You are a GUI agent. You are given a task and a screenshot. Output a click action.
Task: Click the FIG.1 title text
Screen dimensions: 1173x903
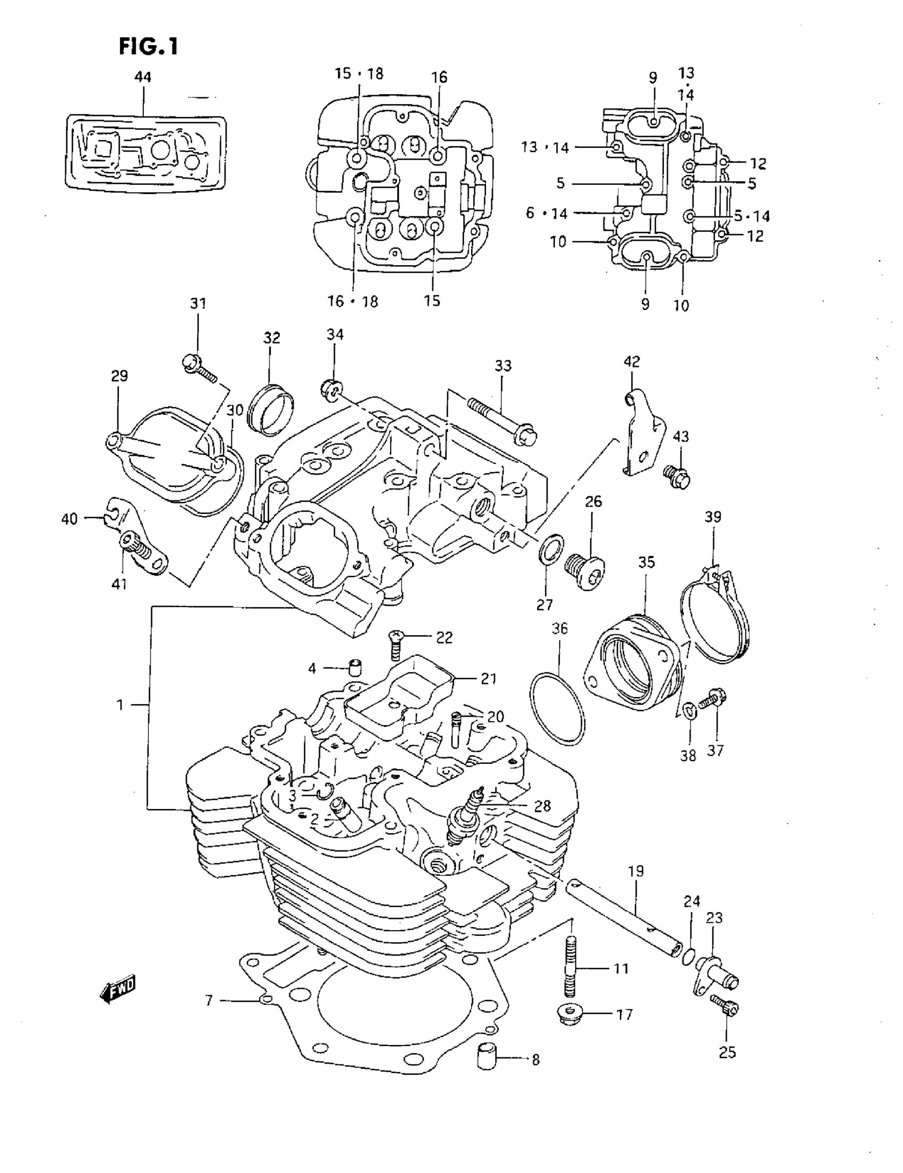tap(148, 47)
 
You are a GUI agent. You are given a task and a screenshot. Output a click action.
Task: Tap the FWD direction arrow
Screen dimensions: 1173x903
tap(118, 989)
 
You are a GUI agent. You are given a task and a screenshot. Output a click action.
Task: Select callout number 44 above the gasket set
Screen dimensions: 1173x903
tap(143, 77)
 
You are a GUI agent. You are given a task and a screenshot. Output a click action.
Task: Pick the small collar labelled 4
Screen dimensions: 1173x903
tap(354, 668)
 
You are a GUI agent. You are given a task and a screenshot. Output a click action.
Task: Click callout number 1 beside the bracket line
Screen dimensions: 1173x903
tap(120, 704)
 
